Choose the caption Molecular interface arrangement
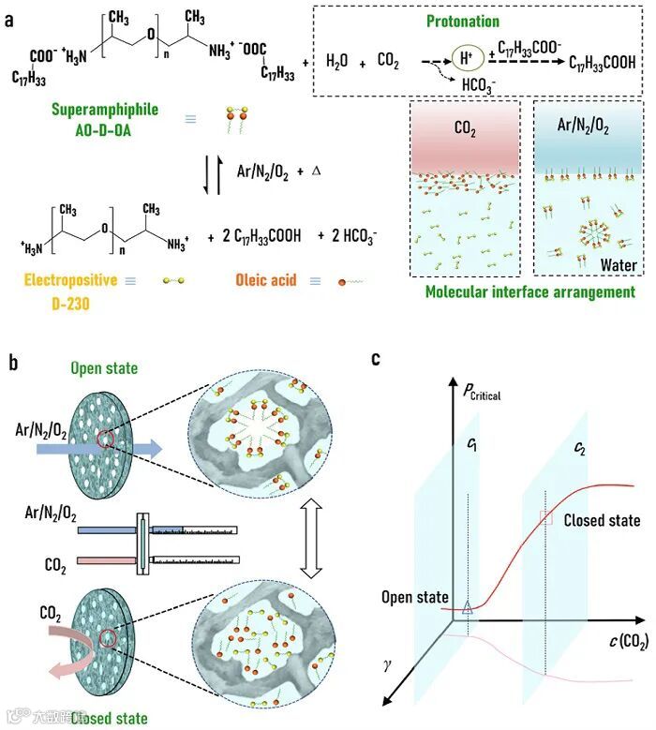(x=530, y=292)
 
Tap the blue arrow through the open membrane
(x=103, y=450)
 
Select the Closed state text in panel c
(x=603, y=520)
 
